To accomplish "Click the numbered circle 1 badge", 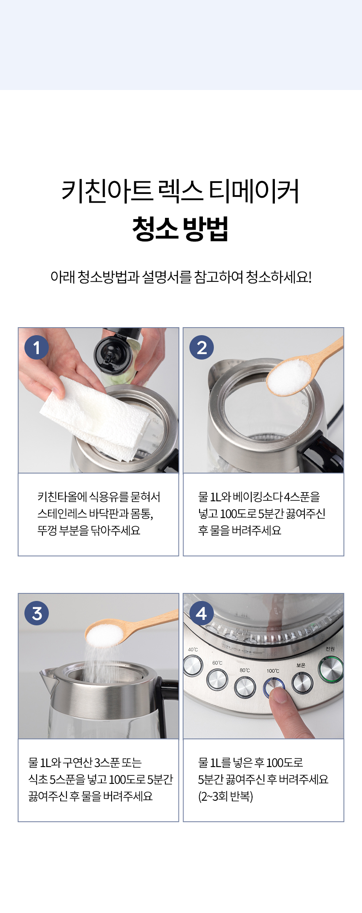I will [x=37, y=347].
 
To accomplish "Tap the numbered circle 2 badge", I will [x=202, y=347].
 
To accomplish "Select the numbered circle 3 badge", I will [x=37, y=613].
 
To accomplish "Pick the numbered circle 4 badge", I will [x=202, y=613].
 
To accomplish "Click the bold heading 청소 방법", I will [x=181, y=229].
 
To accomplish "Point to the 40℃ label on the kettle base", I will [x=193, y=650].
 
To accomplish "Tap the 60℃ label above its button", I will [x=217, y=663].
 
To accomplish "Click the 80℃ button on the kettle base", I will [x=245, y=687].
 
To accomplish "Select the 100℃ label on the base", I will [x=273, y=671].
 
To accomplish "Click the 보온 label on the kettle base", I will [x=301, y=665].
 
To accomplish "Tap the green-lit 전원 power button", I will [x=331, y=670].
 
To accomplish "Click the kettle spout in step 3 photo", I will [x=46, y=677].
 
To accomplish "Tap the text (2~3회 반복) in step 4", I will [x=226, y=797].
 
